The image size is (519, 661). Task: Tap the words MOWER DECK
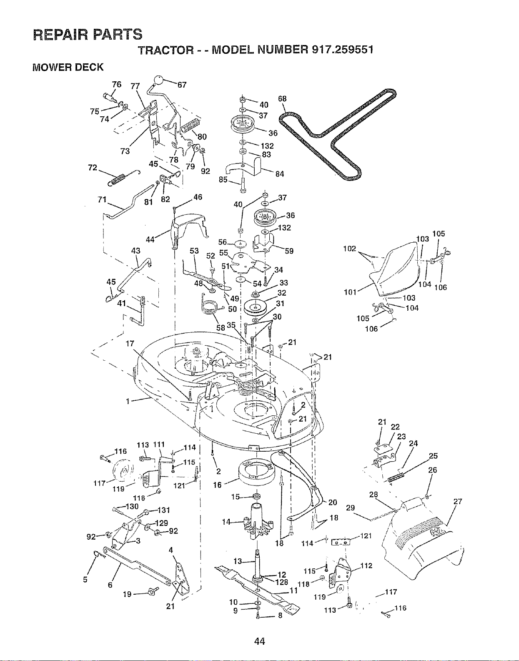point(68,67)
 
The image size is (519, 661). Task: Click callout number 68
point(282,99)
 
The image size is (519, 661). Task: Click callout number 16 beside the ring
point(217,485)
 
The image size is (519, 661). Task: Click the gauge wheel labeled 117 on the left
point(123,472)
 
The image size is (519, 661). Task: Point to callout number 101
point(350,292)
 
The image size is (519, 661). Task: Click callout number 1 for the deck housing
point(128,402)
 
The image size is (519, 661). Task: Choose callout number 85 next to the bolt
point(223,179)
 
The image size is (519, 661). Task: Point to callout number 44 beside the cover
point(150,240)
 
